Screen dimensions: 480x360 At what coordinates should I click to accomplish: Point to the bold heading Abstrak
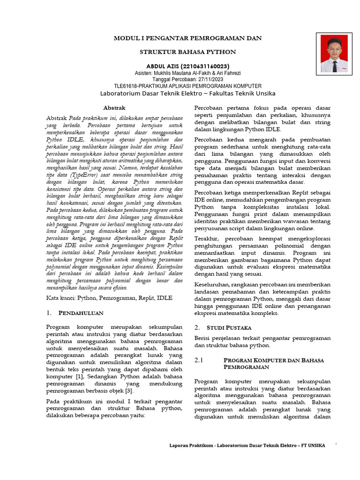coord(114,108)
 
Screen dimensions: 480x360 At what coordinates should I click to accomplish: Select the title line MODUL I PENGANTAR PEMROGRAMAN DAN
coord(188,38)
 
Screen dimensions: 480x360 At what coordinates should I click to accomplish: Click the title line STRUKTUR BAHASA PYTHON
coord(188,52)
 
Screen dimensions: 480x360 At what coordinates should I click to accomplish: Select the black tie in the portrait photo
coord(335,66)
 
